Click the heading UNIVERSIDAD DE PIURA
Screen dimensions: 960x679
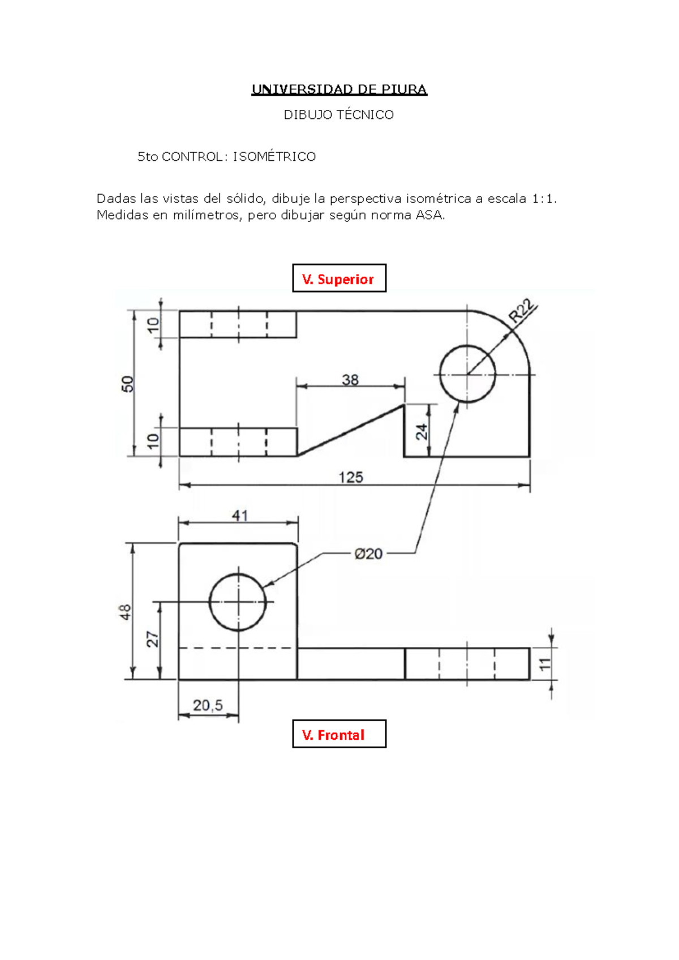[x=339, y=89]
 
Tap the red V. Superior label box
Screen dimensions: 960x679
[x=338, y=278]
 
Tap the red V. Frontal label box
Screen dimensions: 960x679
[x=338, y=734]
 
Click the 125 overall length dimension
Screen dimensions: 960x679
[x=350, y=477]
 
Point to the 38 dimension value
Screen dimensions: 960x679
[x=350, y=379]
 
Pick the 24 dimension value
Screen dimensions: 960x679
[x=422, y=432]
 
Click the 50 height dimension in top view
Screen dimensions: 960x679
[x=128, y=384]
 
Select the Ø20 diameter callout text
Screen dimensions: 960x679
[x=368, y=554]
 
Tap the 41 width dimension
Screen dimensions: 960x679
[x=239, y=515]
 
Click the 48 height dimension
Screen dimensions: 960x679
[x=125, y=612]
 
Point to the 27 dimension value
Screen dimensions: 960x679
[x=153, y=640]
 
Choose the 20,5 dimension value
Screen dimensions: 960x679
[x=208, y=705]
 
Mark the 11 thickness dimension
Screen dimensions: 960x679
[x=544, y=664]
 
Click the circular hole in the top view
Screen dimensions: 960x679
[x=467, y=374]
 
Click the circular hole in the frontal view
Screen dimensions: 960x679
[x=238, y=602]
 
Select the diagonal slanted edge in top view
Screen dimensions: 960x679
[x=351, y=430]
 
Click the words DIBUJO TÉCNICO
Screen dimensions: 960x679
[x=338, y=115]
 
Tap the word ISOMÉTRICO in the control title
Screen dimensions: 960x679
[x=274, y=157]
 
